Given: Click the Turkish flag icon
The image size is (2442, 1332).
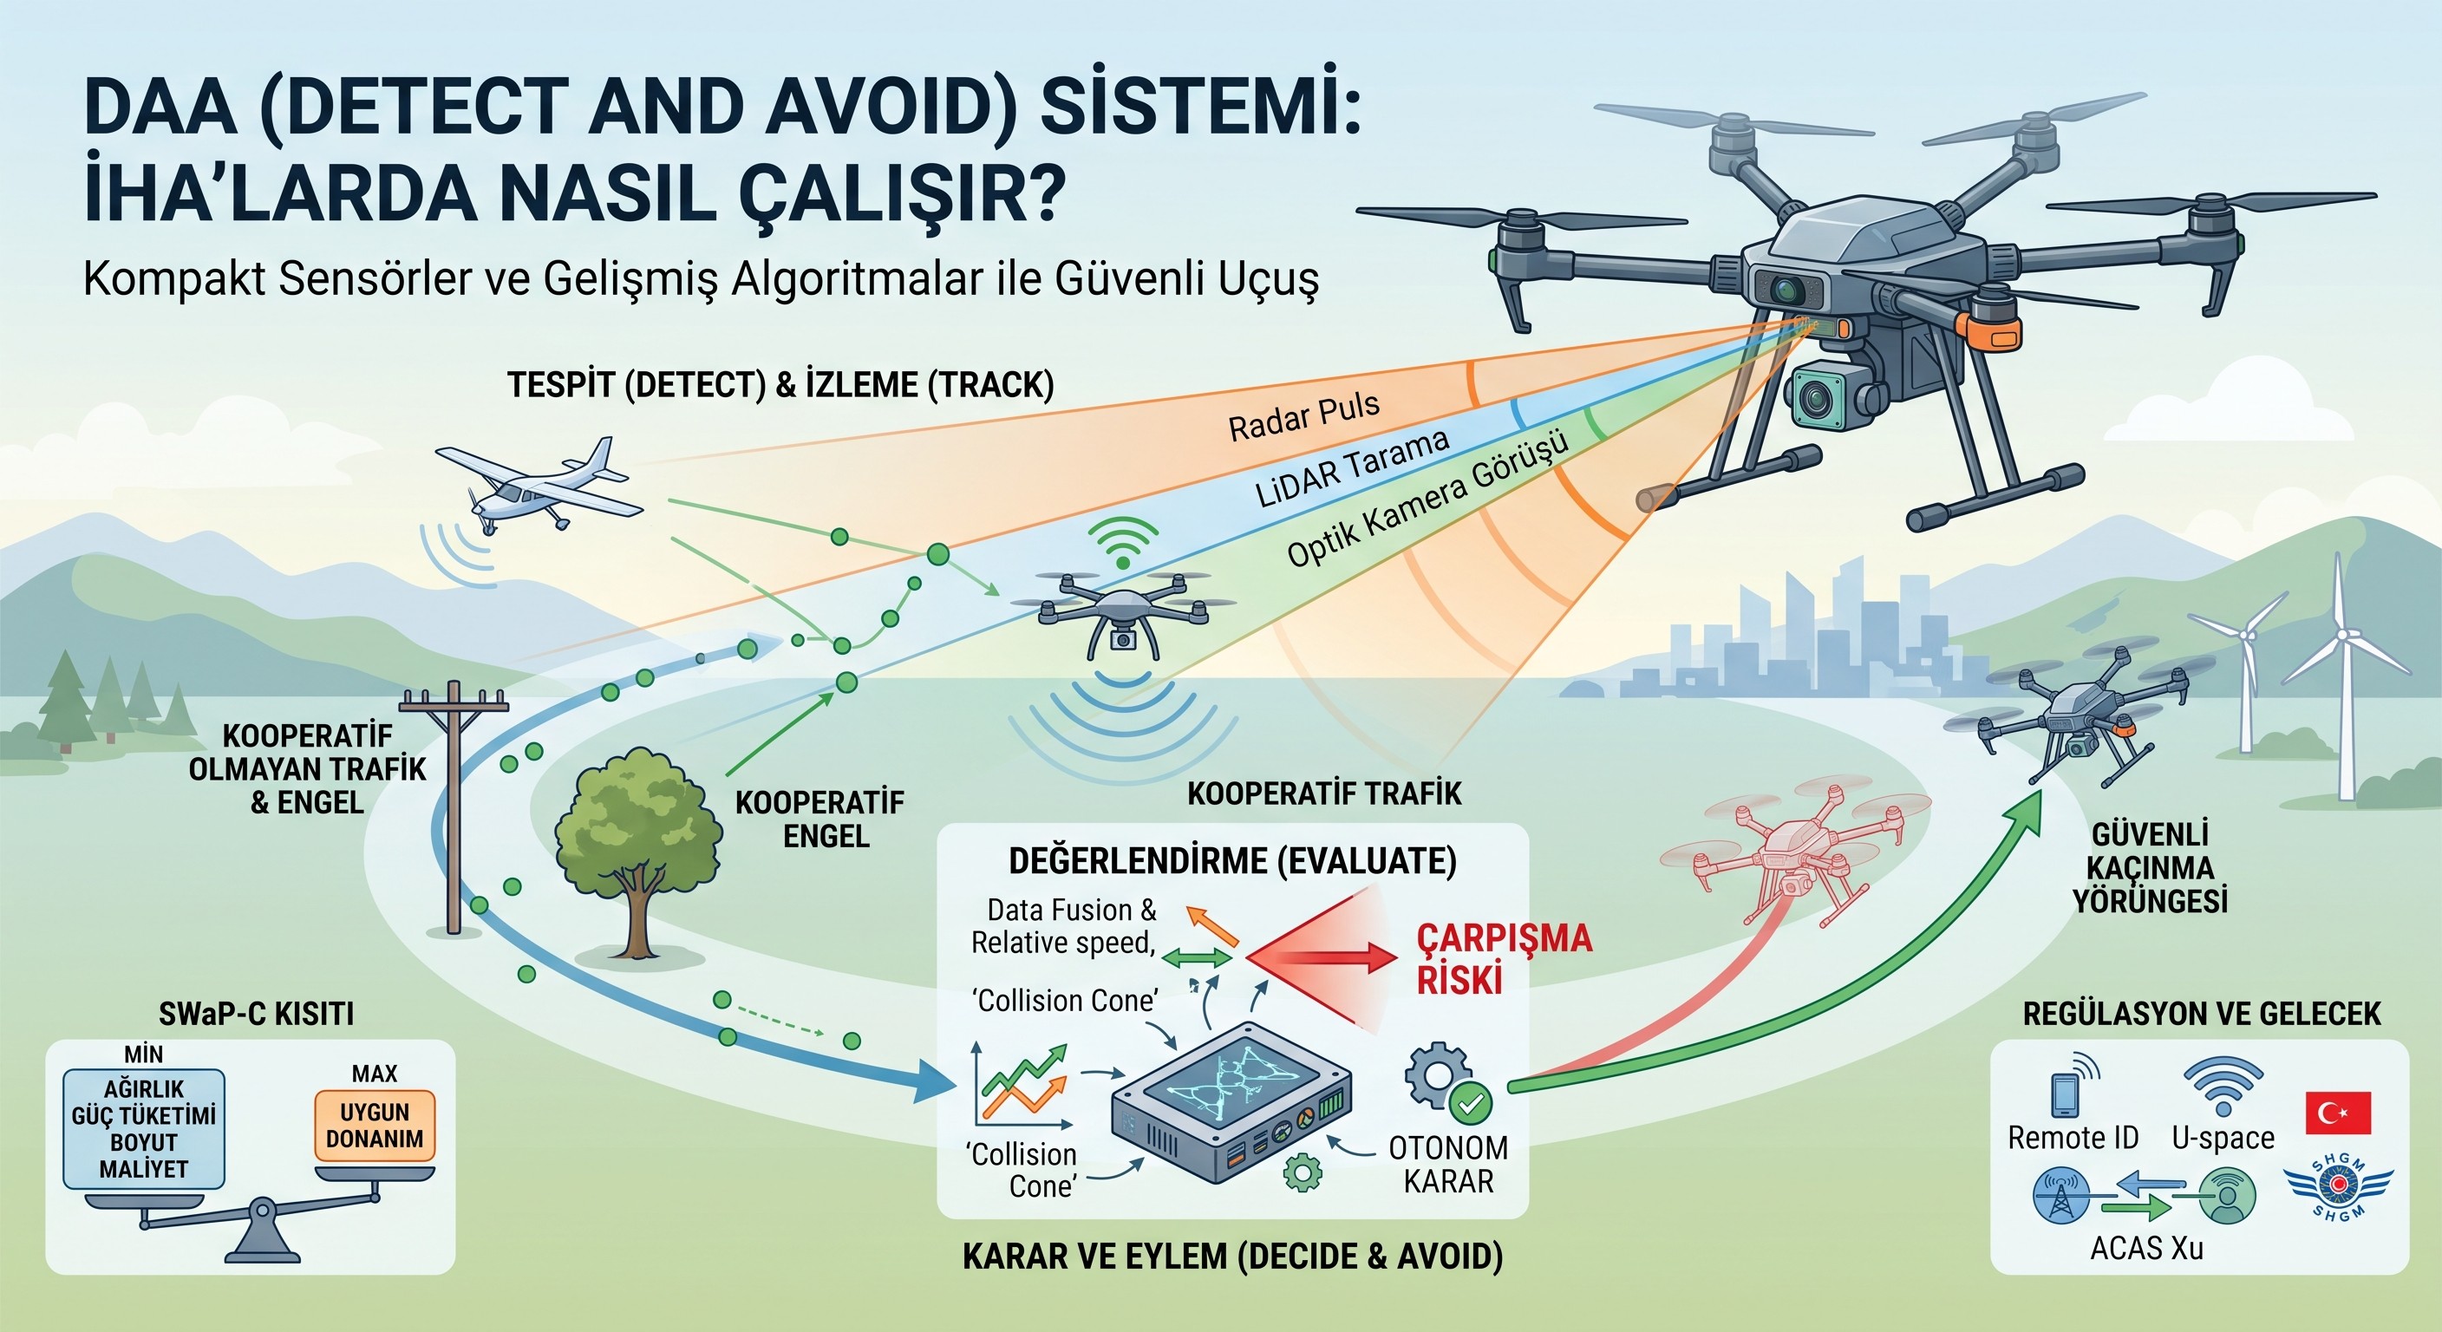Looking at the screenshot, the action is [2338, 1113].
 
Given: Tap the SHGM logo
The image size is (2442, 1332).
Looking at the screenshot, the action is [2338, 1189].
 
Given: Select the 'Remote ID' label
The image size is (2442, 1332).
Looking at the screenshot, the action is [2073, 1138].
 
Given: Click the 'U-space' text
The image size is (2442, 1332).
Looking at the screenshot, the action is [2223, 1138].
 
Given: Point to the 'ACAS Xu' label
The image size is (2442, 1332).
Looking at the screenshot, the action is [2146, 1248].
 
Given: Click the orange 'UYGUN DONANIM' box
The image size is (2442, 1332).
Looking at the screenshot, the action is [375, 1126].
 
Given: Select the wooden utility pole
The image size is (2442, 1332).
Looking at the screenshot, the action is [454, 806].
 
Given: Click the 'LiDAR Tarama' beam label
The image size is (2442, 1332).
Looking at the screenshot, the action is [1353, 467].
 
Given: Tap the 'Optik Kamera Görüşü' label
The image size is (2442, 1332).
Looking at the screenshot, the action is [1427, 497].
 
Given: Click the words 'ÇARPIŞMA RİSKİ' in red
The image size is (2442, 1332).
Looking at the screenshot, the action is [1505, 957].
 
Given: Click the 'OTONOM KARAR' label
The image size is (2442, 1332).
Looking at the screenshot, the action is [1448, 1164].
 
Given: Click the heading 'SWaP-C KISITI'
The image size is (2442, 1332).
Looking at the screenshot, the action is [256, 1014].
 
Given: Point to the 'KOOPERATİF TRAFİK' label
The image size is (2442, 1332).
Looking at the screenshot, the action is [1324, 793].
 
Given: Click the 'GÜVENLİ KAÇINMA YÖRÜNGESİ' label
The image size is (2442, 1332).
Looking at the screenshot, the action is [2150, 867].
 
